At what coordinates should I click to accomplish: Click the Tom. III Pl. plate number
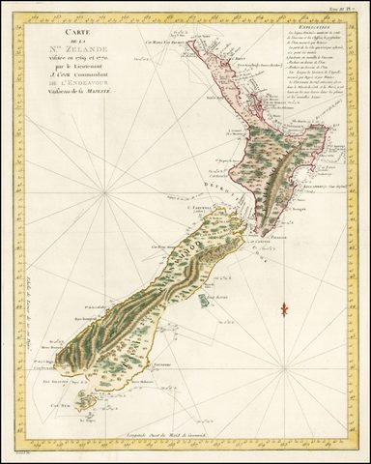click(343, 7)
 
